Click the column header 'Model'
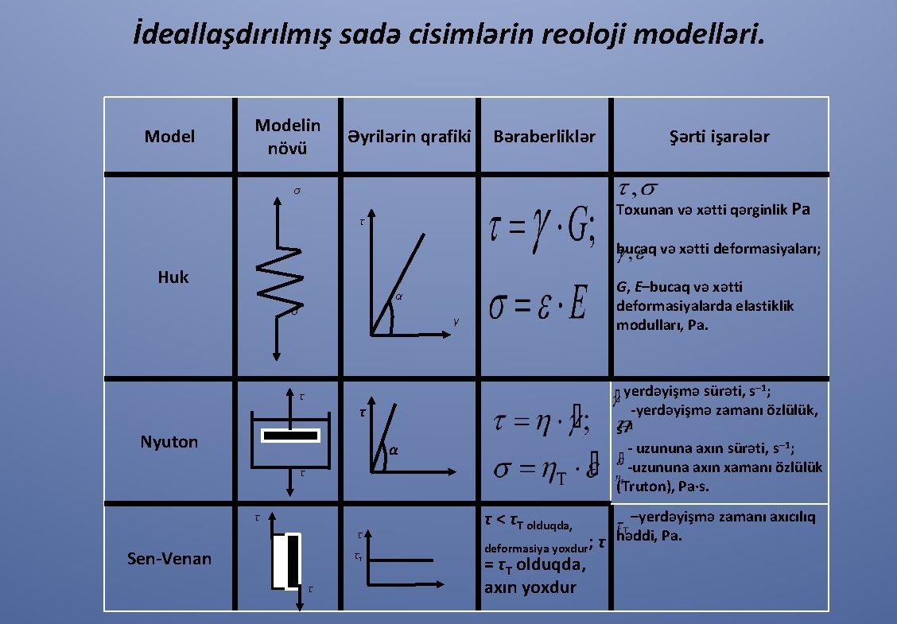pos(169,137)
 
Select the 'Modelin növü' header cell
pos(288,137)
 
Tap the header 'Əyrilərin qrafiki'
pos(409,137)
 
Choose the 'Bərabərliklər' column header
pos(544,137)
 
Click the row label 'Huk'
pos(173,277)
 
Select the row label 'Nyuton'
pos(169,442)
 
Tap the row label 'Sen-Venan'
pos(169,558)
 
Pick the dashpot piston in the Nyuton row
pos(291,435)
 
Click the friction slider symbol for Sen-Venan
pos(288,562)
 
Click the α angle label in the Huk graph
pos(399,298)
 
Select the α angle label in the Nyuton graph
pos(393,451)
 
